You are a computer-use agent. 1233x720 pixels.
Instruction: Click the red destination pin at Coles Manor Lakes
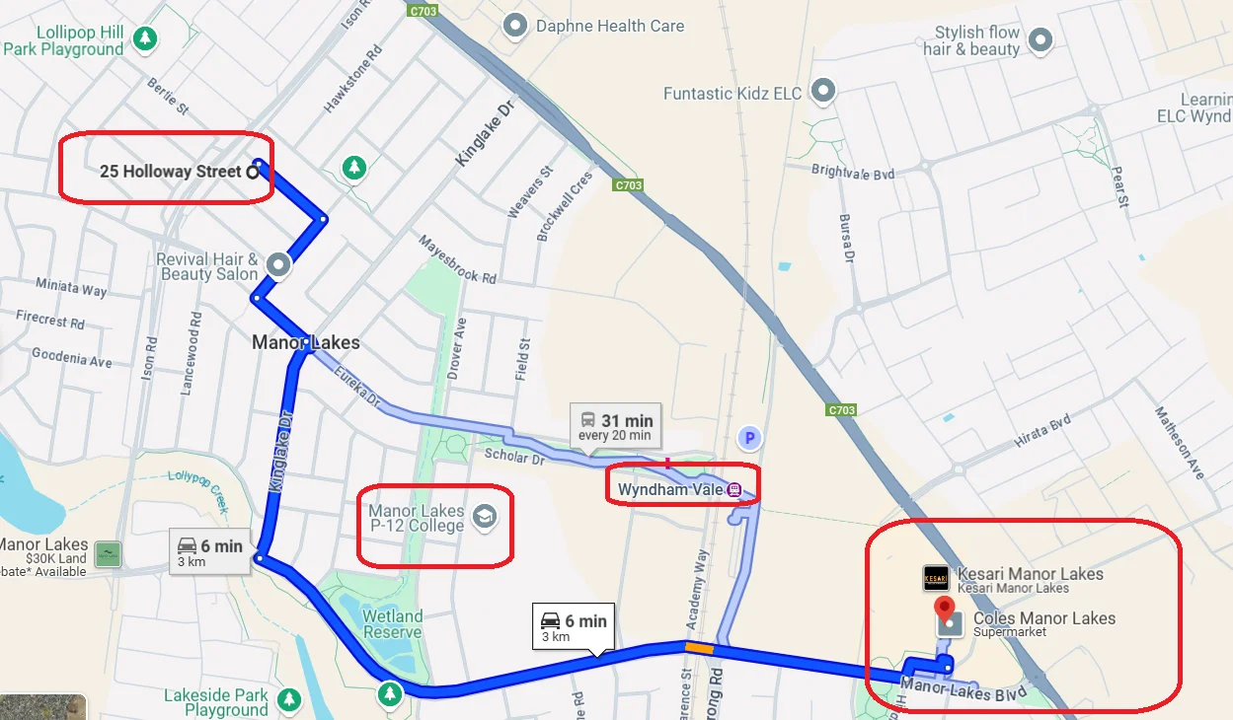point(945,608)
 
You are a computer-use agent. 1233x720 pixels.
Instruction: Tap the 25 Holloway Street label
point(170,172)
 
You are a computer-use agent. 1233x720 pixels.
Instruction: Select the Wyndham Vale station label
point(670,489)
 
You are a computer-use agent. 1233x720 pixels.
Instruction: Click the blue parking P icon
point(749,437)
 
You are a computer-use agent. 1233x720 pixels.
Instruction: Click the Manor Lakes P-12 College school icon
point(484,517)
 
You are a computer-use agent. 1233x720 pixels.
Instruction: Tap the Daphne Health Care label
point(609,26)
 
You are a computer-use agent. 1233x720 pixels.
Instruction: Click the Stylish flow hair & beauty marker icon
point(1040,40)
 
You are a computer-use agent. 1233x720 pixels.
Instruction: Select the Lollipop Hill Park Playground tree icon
point(146,38)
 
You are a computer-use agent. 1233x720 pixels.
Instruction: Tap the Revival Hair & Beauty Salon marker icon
point(278,264)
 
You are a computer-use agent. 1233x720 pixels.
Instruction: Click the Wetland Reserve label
point(392,624)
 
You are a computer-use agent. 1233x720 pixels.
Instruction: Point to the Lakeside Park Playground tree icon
point(288,699)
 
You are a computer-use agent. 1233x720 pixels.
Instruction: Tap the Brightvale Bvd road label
point(852,172)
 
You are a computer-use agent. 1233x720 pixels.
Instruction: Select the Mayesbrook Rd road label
point(457,259)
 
